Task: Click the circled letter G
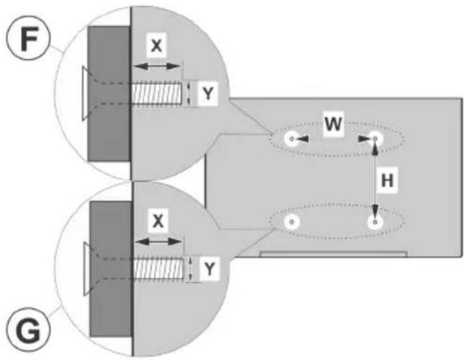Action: (29, 330)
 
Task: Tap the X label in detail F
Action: (156, 46)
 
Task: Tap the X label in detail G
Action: (158, 221)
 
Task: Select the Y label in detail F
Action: (208, 94)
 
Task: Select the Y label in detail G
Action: (209, 269)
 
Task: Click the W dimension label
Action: (333, 124)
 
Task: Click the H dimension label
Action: (387, 180)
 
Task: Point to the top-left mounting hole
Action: (292, 138)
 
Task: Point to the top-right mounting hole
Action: (375, 138)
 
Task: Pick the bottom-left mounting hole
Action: (292, 222)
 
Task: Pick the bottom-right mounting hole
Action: (375, 222)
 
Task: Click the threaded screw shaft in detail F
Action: (156, 94)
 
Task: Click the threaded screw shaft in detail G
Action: (159, 268)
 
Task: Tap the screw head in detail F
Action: (86, 94)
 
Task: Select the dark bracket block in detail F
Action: (109, 94)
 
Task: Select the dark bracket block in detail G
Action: (111, 269)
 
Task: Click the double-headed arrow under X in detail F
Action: (156, 66)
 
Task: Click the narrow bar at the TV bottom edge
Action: (333, 255)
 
